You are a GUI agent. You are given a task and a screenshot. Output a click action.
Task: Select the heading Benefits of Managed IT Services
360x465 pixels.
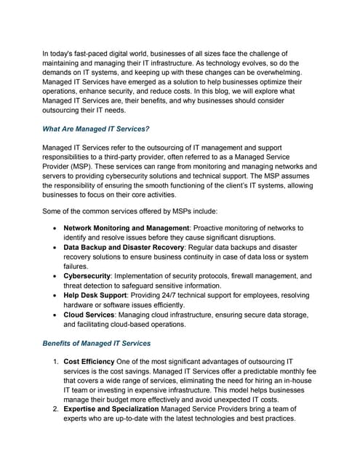(97, 343)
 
